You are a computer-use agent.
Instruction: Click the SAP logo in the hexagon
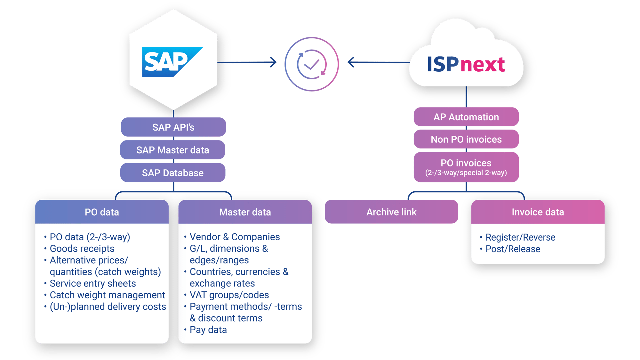(x=172, y=62)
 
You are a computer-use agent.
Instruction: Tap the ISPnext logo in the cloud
(x=466, y=64)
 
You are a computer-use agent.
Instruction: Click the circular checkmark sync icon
(x=311, y=64)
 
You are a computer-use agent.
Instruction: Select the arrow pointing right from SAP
(x=248, y=62)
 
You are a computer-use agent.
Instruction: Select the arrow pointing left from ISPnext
(x=378, y=62)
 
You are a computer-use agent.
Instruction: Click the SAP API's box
(x=173, y=127)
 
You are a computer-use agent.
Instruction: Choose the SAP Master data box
(x=172, y=150)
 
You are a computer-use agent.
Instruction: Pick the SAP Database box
(x=172, y=173)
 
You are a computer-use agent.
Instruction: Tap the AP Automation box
(x=466, y=117)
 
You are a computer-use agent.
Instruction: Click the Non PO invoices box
(x=466, y=139)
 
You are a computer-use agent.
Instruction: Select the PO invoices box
(x=466, y=167)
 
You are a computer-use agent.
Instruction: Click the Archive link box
(x=391, y=212)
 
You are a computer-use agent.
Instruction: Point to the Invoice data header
(x=538, y=212)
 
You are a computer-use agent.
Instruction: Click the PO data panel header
(x=102, y=212)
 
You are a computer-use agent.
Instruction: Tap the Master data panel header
(x=245, y=212)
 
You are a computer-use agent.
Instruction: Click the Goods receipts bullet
(x=82, y=249)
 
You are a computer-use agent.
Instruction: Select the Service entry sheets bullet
(x=93, y=283)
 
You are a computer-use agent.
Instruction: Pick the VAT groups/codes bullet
(x=229, y=295)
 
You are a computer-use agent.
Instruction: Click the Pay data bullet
(x=208, y=330)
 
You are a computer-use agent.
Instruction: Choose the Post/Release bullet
(x=513, y=249)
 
